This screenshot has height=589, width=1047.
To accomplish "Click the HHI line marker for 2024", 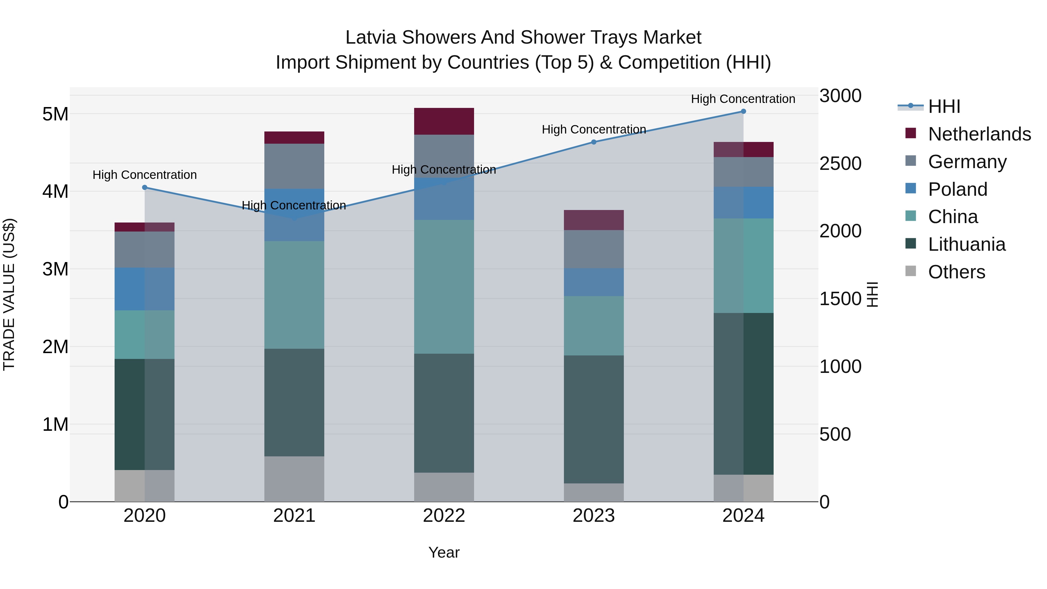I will [743, 111].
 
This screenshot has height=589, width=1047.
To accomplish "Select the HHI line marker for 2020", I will [145, 187].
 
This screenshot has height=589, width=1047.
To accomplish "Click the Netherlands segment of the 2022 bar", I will [444, 121].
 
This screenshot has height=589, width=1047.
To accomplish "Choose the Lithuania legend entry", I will [966, 244].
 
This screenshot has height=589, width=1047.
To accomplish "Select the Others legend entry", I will [956, 272].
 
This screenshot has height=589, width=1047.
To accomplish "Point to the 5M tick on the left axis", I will [55, 114].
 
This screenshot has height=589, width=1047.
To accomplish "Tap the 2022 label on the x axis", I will [444, 516].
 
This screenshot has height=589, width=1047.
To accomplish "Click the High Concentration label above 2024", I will [743, 99].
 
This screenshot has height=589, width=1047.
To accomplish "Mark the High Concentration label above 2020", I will [145, 175].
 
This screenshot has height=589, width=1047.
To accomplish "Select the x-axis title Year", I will [444, 552].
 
